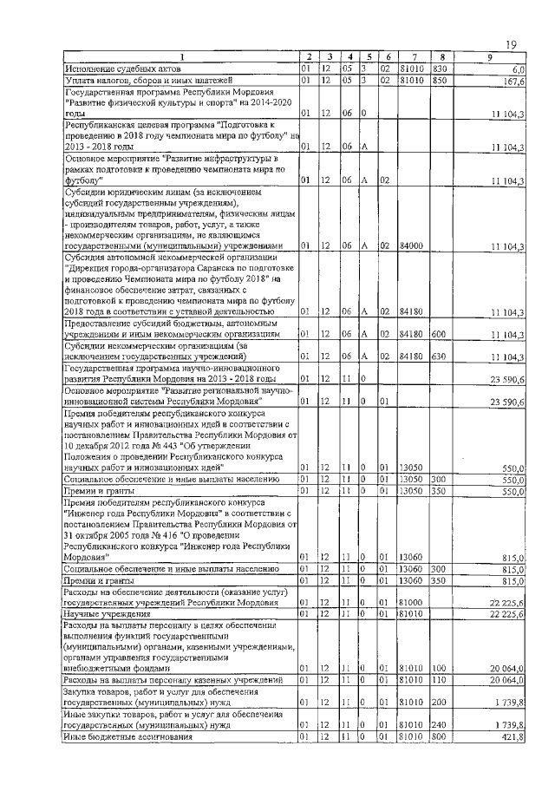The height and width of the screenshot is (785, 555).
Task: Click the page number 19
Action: [x=512, y=44]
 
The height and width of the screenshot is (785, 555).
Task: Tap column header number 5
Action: [x=369, y=57]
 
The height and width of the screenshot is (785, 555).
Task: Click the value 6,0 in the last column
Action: [x=519, y=68]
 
